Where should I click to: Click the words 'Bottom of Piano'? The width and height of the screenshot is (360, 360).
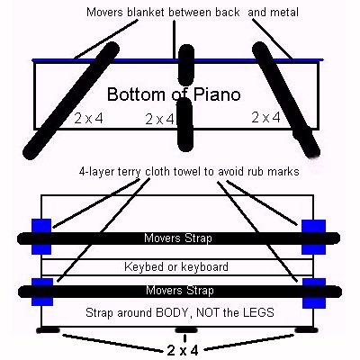coord(174,94)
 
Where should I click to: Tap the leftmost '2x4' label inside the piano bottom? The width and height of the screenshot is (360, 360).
coord(88,118)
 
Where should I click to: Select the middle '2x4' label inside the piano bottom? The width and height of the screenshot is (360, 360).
coord(159,119)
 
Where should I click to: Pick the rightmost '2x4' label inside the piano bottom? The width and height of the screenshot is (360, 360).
coord(265,117)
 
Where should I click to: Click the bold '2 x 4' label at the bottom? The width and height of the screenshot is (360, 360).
coord(183,350)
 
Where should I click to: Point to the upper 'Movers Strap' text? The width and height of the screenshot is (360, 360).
coord(178,238)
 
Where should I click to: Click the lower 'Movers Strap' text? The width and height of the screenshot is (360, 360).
coord(180,291)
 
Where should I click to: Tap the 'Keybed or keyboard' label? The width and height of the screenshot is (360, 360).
coord(176,266)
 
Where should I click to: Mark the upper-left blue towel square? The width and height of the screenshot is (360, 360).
coord(41,237)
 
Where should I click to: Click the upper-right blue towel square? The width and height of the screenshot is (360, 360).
coord(313,237)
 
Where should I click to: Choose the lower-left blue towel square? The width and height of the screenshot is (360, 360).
coord(42,292)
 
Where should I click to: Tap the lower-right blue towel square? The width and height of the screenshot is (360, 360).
coord(314,293)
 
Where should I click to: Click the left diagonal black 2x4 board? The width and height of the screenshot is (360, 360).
coord(71,101)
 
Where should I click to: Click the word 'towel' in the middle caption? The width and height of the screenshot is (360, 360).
coord(195,172)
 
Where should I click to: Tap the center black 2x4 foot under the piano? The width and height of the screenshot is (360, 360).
coord(186,330)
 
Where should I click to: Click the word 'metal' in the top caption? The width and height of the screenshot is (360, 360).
coord(283,13)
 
